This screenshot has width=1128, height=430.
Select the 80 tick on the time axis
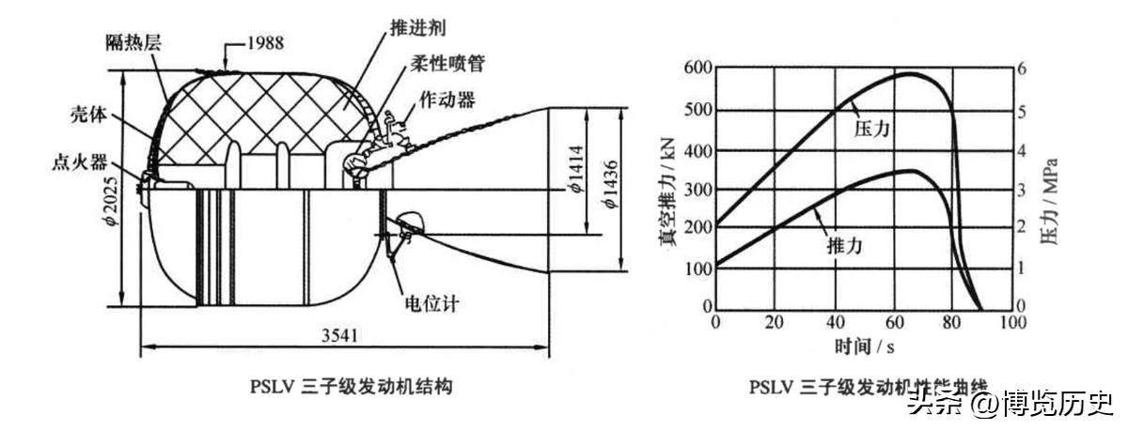(951, 322)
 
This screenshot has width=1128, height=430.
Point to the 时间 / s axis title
(863, 346)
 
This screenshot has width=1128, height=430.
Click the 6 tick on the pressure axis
(1023, 69)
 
